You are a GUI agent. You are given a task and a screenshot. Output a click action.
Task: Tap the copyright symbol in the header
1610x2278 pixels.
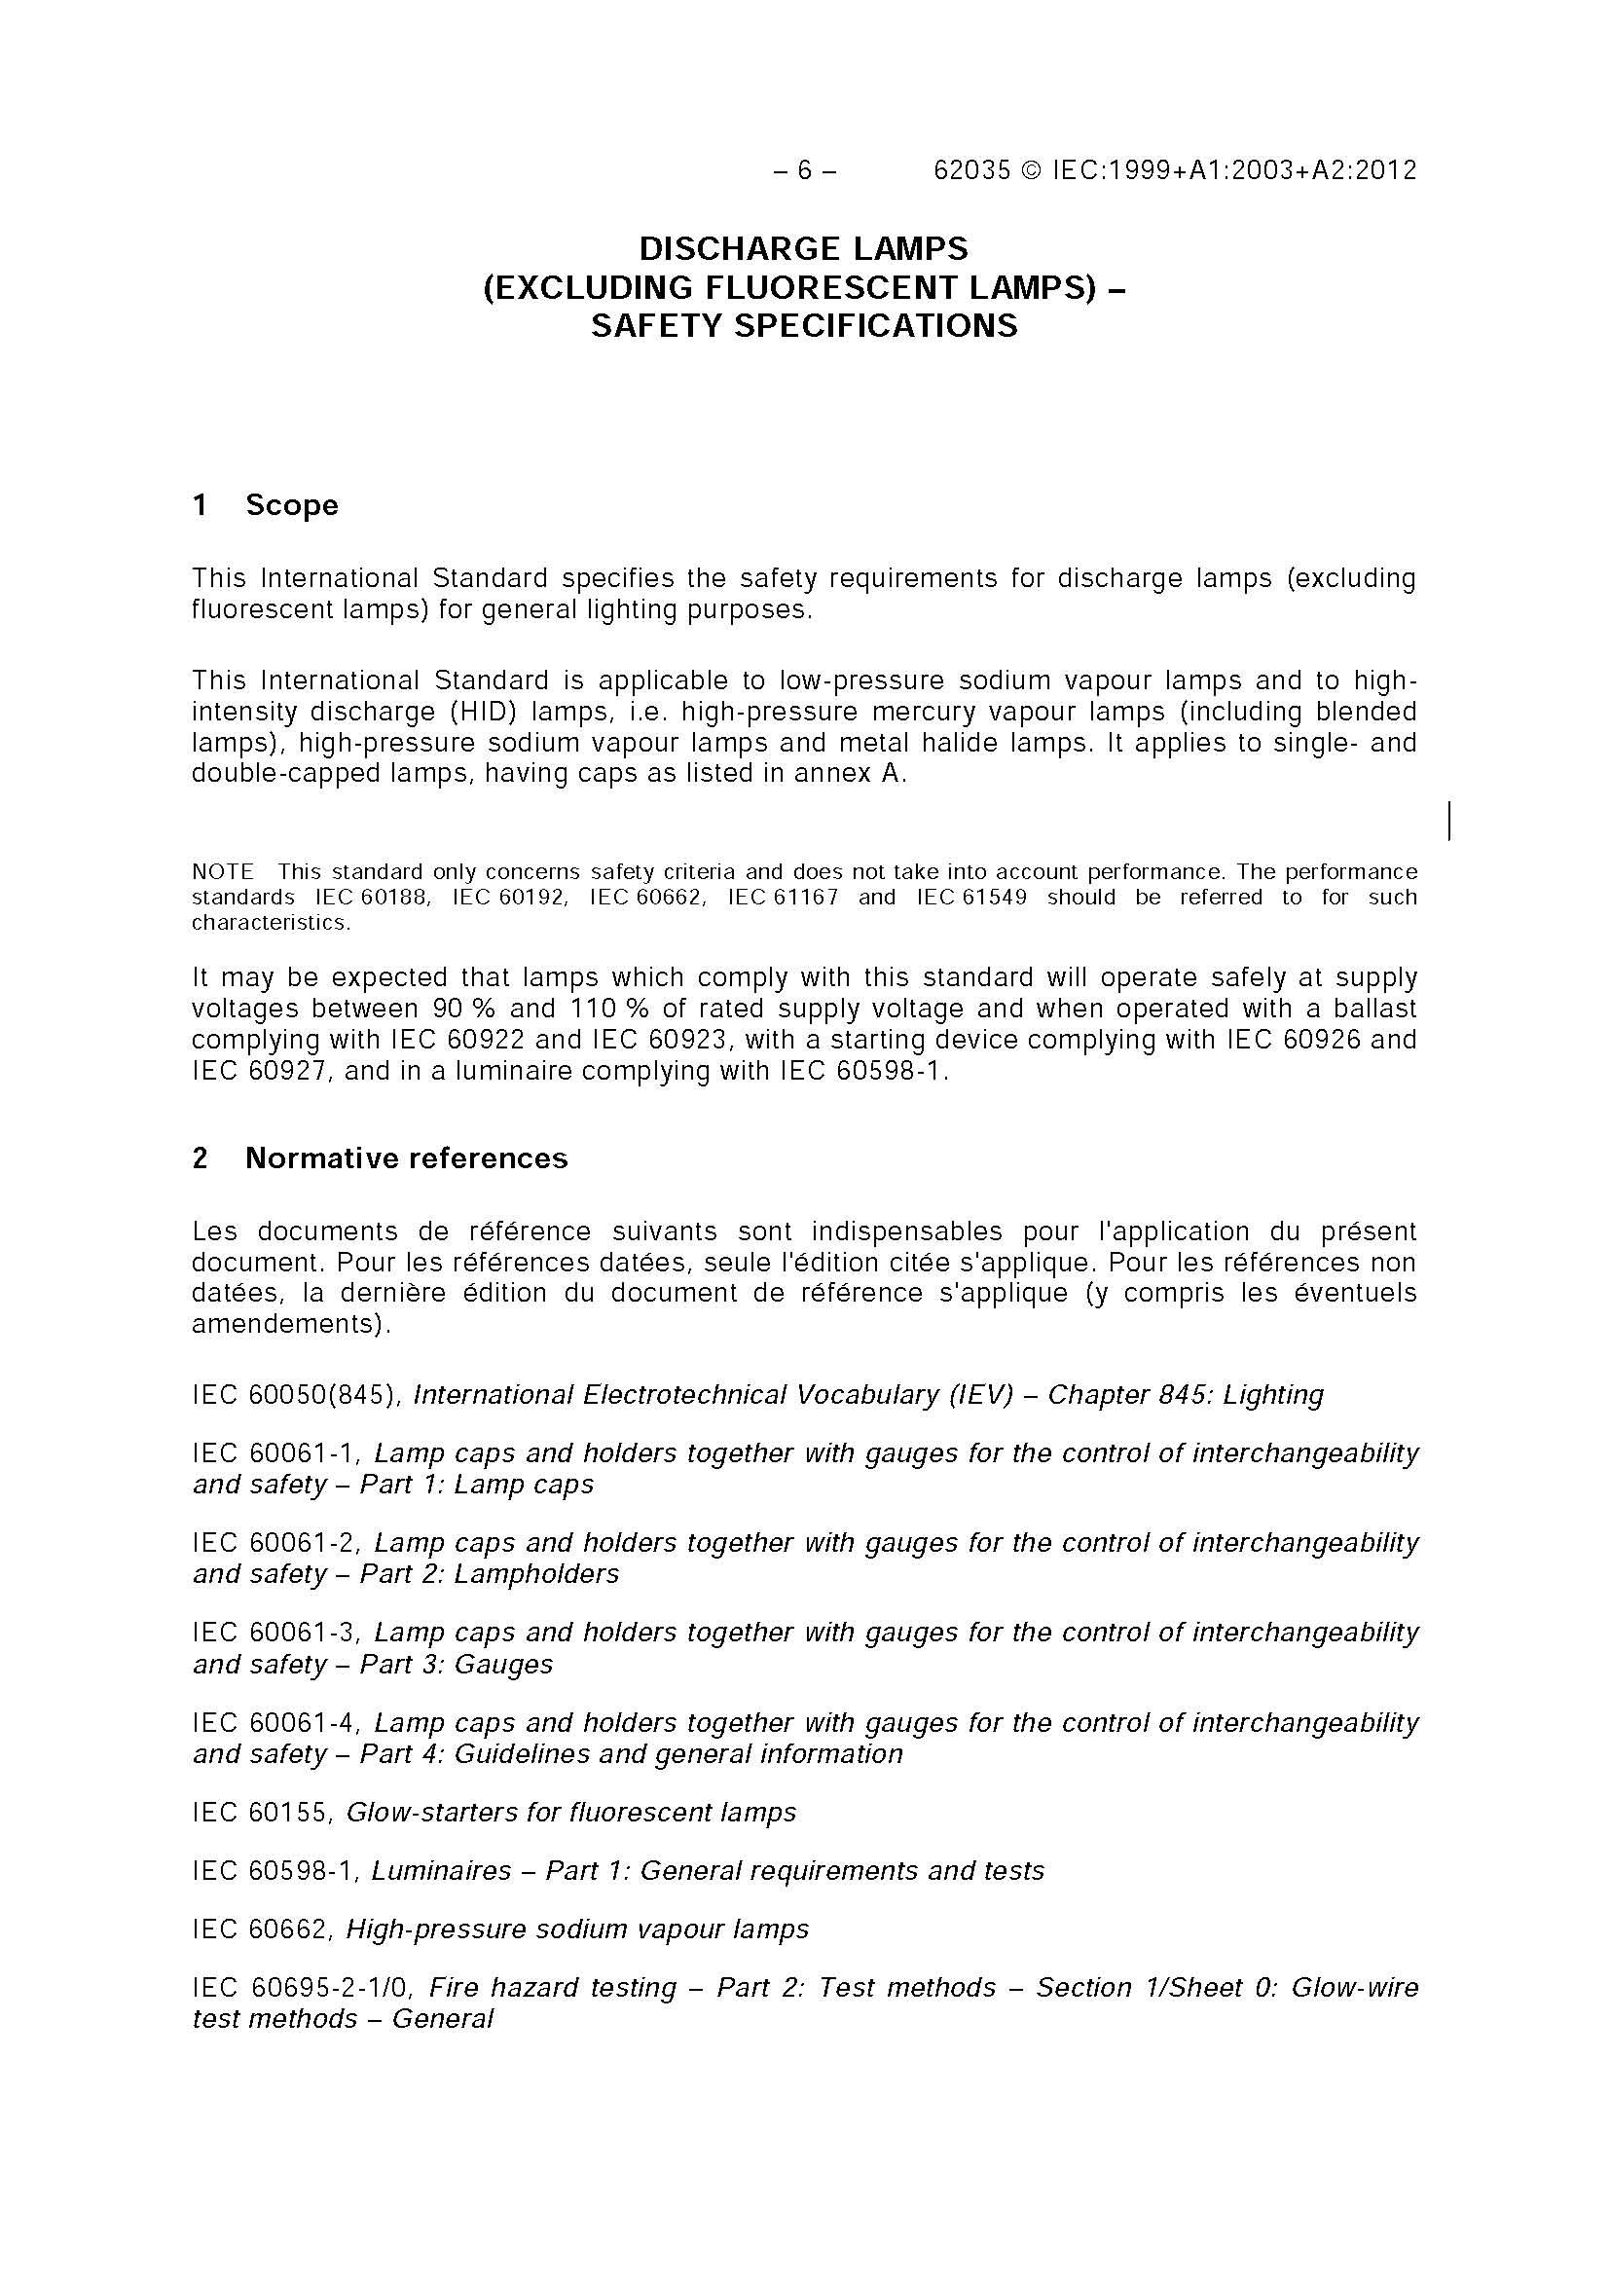(x=1031, y=170)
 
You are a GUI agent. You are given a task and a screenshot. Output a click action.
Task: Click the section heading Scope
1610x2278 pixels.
(x=292, y=505)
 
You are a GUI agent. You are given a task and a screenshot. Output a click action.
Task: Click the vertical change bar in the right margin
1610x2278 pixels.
(x=1449, y=821)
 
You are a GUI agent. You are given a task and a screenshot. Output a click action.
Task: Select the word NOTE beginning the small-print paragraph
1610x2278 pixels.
(x=222, y=872)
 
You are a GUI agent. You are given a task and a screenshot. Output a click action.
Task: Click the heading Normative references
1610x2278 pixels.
(x=406, y=1157)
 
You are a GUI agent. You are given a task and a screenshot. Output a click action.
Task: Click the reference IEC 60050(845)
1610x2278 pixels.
(x=296, y=1395)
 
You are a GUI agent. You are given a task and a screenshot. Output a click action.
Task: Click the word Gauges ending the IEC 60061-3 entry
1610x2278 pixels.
(x=503, y=1664)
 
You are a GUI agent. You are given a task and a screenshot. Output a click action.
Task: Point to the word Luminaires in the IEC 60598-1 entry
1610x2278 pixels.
(x=441, y=1870)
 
